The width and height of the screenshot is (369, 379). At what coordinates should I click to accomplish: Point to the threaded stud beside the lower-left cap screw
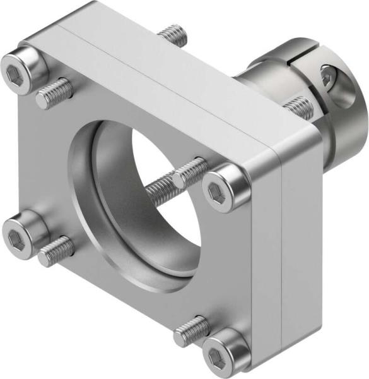click(57, 250)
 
